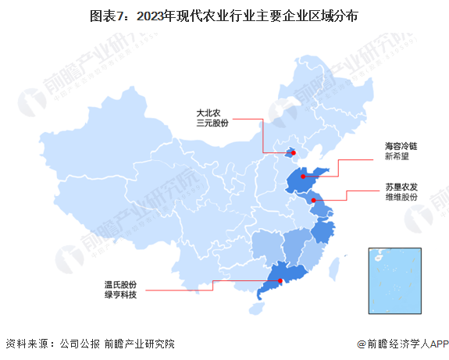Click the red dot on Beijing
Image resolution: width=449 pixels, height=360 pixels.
coord(291,153)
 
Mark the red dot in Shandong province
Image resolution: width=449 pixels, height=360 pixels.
coord(303,177)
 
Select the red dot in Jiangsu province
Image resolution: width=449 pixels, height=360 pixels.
coord(313,201)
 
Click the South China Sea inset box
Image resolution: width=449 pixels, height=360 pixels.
coord(394,279)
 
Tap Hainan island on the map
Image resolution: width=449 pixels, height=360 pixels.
coord(255,309)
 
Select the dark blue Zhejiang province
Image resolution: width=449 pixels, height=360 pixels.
coord(321,232)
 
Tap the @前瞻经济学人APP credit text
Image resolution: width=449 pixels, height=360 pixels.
coord(400,344)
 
